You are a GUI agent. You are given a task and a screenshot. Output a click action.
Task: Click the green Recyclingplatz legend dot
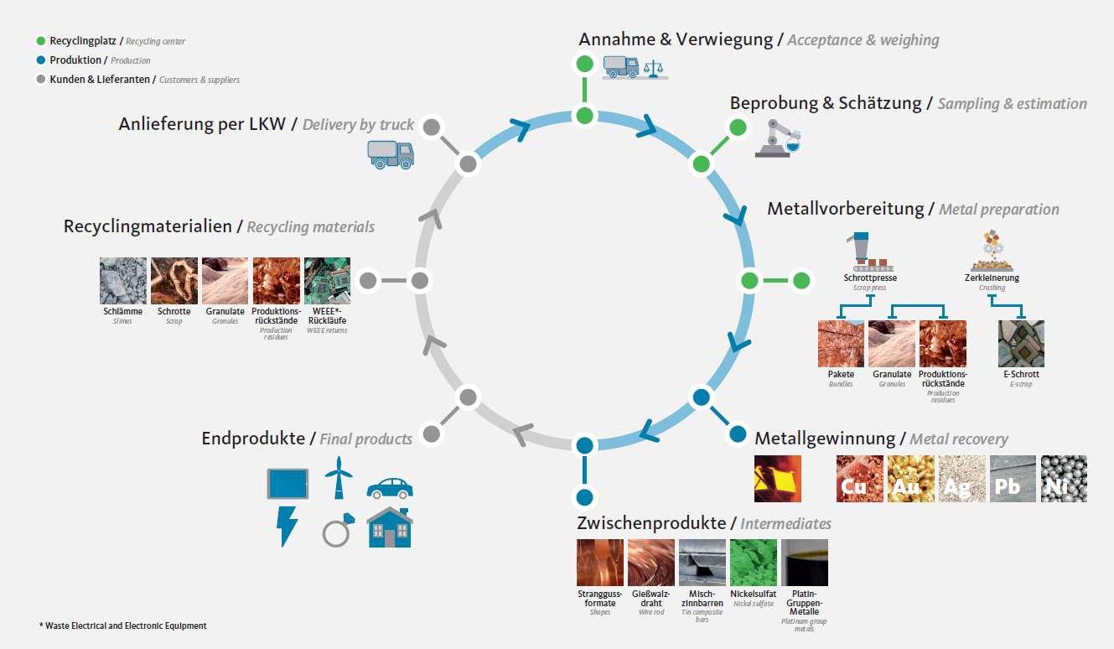coord(41,40)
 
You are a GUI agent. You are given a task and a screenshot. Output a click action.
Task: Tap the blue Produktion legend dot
coord(41,60)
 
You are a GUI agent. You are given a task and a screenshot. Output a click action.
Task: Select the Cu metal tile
coord(859,479)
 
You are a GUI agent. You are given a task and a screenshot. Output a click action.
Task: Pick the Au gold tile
coord(910,479)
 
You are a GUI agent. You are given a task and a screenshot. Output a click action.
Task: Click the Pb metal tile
coord(1013,479)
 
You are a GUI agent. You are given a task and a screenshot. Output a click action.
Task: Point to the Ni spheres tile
coord(1064,479)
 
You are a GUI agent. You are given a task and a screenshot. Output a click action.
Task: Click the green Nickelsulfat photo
coord(754,562)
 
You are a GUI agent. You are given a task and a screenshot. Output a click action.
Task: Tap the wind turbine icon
coord(337,478)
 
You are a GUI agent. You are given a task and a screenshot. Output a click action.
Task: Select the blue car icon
coord(389,487)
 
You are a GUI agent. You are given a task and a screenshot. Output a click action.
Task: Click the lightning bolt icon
coord(287,526)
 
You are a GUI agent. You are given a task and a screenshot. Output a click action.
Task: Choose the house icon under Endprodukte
coord(389,527)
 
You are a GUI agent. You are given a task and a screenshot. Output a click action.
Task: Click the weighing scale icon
coord(654,66)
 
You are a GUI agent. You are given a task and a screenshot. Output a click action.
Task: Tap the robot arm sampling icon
coord(777,138)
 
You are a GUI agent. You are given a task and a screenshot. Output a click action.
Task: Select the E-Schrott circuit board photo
coord(1021,344)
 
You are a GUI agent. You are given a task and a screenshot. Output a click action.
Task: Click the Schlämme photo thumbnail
coord(123,280)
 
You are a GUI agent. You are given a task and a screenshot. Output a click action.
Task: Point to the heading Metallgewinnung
coord(825,438)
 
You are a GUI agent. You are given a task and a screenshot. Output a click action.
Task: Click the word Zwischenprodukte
coord(651,523)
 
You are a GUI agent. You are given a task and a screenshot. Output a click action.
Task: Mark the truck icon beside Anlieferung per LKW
coord(391,153)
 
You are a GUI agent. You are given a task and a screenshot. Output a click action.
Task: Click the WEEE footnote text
coord(122,626)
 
